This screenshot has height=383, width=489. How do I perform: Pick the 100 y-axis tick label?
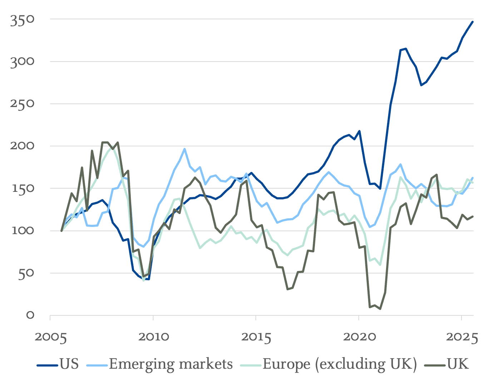[x=22, y=231]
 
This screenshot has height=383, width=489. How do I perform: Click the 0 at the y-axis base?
[x=30, y=315]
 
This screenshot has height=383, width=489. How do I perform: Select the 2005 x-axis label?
[x=51, y=337]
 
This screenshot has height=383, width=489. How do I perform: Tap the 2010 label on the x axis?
[x=153, y=337]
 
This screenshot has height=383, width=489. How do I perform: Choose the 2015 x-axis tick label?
[x=256, y=337]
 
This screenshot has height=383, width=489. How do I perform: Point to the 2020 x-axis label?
[x=359, y=337]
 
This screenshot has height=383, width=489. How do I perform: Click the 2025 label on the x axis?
[x=461, y=337]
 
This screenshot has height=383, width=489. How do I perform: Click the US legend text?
[x=69, y=364]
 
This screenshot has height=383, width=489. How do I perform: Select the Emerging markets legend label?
[x=171, y=364]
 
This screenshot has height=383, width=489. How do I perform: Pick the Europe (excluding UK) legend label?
[x=340, y=364]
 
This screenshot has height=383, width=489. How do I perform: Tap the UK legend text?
[x=458, y=364]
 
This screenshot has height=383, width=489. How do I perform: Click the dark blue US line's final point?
[x=473, y=22]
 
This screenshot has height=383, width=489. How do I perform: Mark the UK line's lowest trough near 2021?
[x=380, y=309]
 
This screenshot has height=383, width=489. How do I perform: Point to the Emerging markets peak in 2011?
[x=184, y=149]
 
